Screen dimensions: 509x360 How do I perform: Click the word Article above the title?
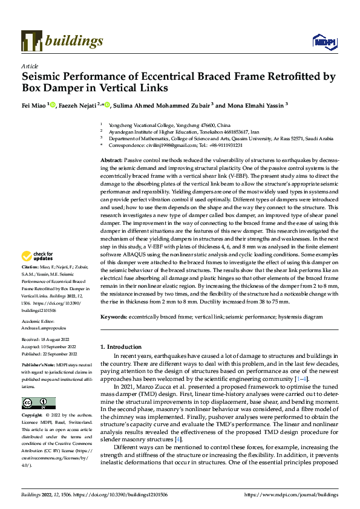coord(30,66)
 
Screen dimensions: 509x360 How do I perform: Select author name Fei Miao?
coord(34,105)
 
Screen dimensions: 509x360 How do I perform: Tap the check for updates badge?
coord(39,273)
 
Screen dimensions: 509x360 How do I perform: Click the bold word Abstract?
coord(112,158)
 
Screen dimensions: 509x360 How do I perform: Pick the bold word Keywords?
coord(114,316)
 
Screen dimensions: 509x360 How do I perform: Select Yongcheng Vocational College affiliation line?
coord(149,124)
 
